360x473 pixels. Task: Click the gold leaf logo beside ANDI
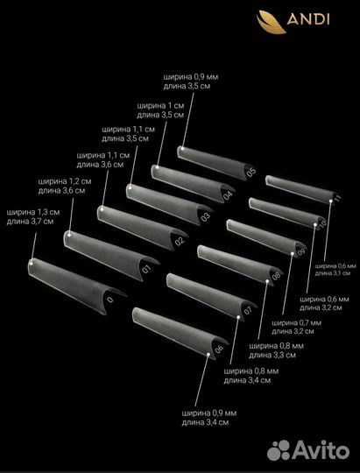(271, 22)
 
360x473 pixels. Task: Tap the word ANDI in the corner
(308, 19)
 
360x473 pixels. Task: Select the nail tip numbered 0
(77, 286)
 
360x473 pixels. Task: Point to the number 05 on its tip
(251, 172)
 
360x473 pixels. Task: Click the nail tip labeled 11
(302, 189)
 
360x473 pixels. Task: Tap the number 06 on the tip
(219, 349)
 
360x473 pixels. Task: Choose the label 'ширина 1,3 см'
(33, 212)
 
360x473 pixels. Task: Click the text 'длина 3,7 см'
(30, 222)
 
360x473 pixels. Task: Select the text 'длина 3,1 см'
(333, 273)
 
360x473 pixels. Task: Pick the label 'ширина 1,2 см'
(65, 181)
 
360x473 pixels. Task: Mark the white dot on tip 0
(31, 263)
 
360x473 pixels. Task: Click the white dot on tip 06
(208, 354)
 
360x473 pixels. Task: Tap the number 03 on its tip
(206, 217)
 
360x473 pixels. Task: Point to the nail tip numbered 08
(240, 265)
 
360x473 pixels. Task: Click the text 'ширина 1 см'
(160, 106)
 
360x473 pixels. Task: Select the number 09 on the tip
(301, 252)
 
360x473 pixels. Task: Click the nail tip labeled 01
(111, 256)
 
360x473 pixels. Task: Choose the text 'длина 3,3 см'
(272, 355)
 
